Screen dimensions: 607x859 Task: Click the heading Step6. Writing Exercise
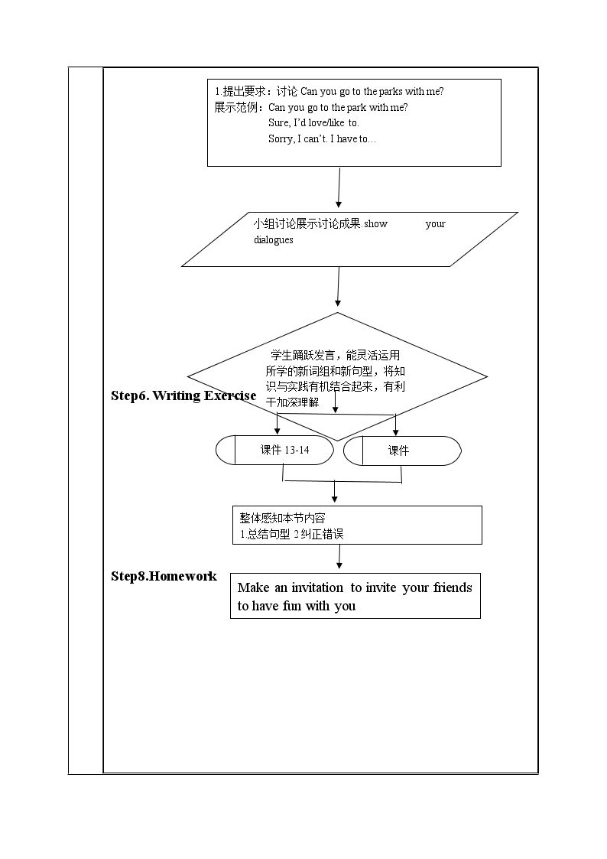[x=183, y=395]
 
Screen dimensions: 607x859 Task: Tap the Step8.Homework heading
[x=164, y=576]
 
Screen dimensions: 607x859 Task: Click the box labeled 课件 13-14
[x=274, y=451]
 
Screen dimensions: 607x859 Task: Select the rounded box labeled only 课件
[x=402, y=451]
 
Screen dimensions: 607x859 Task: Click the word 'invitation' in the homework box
[x=317, y=587]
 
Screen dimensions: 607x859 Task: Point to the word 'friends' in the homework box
[x=453, y=587]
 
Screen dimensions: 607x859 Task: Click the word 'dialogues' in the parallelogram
[x=273, y=240]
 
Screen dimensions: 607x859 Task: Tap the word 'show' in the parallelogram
[x=375, y=223]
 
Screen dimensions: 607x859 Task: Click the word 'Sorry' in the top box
[x=281, y=139]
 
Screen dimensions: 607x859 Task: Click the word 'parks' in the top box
[x=391, y=92]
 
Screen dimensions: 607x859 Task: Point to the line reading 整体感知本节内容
[x=282, y=518]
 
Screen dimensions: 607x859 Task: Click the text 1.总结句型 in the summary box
[x=265, y=534]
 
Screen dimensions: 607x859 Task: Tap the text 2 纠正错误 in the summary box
[x=319, y=534]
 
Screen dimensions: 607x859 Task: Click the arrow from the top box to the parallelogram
[x=339, y=188]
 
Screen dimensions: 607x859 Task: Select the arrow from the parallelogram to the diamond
[x=338, y=287]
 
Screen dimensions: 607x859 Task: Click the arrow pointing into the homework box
[x=339, y=557]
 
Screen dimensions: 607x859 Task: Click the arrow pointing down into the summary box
[x=334, y=491]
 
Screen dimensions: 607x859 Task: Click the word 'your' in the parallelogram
[x=435, y=223]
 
